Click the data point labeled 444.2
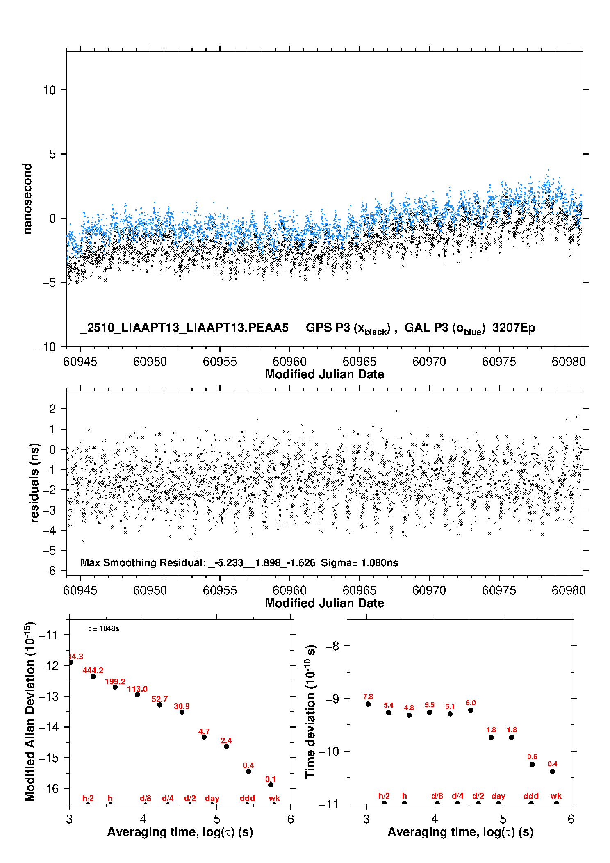click(x=93, y=676)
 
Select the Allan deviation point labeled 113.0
click(x=137, y=695)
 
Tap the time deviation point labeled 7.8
click(x=368, y=704)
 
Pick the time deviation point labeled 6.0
click(x=471, y=710)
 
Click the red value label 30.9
click(x=182, y=706)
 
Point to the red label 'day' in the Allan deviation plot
click(x=212, y=798)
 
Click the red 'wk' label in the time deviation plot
click(x=556, y=796)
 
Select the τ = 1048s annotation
click(x=103, y=629)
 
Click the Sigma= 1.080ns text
click(x=360, y=563)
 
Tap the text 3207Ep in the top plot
click(x=514, y=328)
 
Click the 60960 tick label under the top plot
click(x=289, y=362)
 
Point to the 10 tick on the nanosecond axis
click(x=50, y=90)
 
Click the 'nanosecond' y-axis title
click(x=27, y=199)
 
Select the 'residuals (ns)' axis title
click(x=34, y=483)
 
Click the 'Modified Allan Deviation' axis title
click(x=30, y=711)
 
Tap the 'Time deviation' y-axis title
click(x=310, y=711)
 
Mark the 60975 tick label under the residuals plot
click(x=499, y=590)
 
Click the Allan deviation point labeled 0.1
click(x=271, y=785)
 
